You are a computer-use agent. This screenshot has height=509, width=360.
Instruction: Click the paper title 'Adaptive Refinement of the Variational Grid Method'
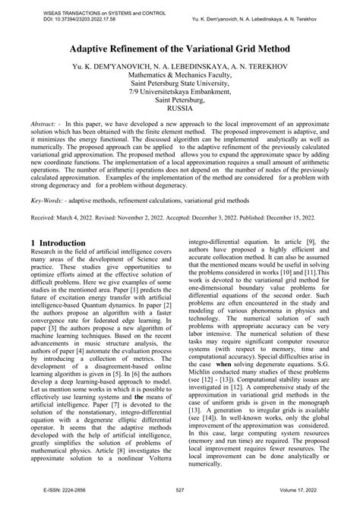pyautogui.click(x=180, y=47)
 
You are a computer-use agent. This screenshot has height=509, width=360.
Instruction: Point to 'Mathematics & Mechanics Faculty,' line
pyautogui.click(x=180, y=77)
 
